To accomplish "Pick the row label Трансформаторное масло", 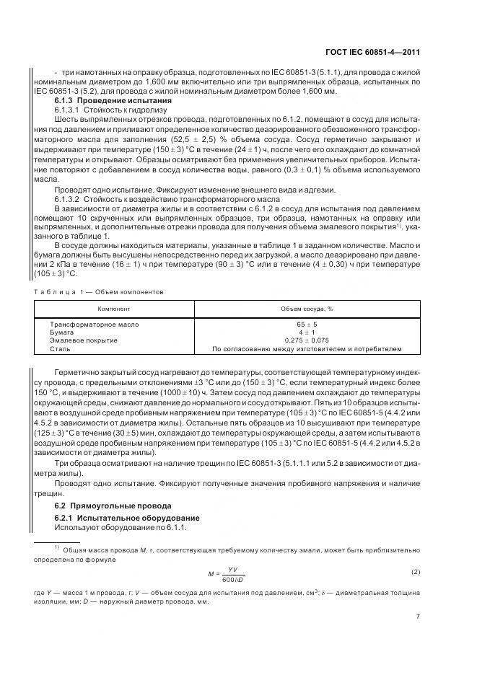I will point(94,325).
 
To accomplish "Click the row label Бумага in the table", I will point(62,332).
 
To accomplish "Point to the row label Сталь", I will point(59,349).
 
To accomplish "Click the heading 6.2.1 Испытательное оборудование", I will point(119,518).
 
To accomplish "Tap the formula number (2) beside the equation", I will point(416,573).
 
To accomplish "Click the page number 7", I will point(419,617).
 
